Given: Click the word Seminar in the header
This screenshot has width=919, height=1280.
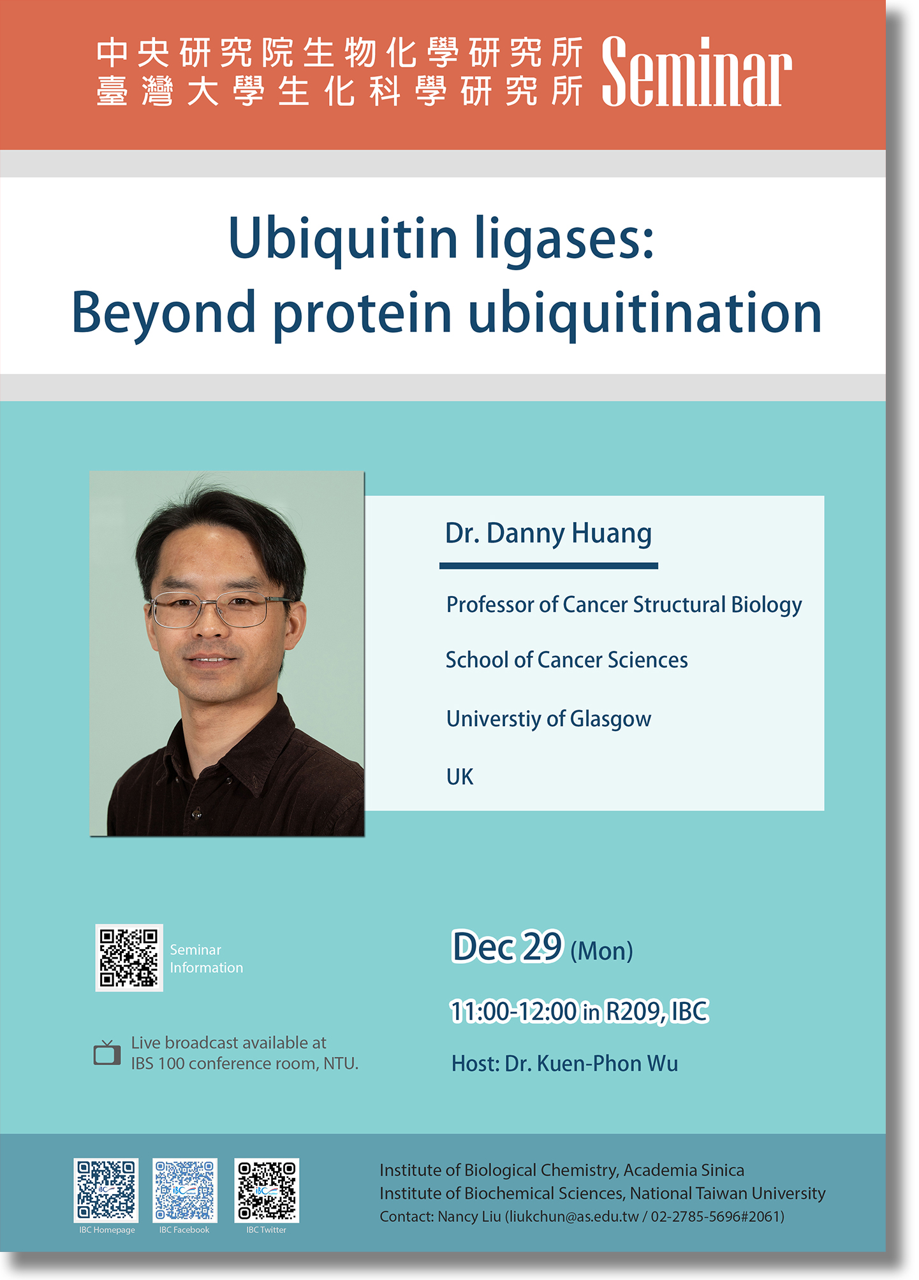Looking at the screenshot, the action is pos(696,71).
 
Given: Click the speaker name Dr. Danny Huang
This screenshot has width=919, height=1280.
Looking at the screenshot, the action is pos(548,533).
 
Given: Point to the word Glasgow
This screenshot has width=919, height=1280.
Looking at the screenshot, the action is pos(610,720).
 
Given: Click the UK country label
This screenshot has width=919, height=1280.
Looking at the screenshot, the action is pos(460,777).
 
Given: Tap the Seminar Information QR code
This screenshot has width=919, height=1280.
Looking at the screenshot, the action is pos(129,957).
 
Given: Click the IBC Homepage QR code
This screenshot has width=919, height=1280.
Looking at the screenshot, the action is pos(106,1190).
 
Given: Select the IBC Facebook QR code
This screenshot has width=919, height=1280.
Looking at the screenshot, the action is pos(185,1190).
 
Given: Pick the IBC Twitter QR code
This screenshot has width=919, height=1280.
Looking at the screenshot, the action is pos(267,1190).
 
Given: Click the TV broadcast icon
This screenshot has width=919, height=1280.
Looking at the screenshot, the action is pos(107,1052).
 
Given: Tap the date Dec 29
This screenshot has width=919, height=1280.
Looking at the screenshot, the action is pos(508,947).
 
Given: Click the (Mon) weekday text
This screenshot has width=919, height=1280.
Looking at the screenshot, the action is pos(601,951).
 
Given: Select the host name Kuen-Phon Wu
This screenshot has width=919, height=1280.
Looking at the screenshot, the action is pos(607,1064).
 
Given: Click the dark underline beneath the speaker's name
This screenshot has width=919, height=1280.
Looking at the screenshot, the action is pos(548,565).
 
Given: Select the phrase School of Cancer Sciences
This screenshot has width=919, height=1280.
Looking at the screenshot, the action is pos(566,660).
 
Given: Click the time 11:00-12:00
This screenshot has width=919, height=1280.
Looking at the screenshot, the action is pos(513,1012).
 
